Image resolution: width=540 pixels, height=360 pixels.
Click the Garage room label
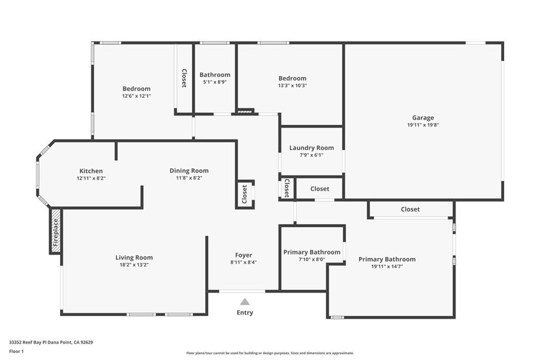pos(423,118)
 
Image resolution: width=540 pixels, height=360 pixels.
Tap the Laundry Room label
pos(311,148)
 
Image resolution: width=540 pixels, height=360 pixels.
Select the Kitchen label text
pos(91,171)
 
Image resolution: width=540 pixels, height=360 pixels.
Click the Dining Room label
pos(189,170)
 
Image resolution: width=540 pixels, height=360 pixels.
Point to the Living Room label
pos(134,258)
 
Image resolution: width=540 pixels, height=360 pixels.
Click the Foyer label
pos(244,255)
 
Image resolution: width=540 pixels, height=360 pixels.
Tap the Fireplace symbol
pos(56,231)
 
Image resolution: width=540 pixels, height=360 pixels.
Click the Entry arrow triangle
pos(245,301)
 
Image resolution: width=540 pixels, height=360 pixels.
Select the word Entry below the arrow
pos(245,313)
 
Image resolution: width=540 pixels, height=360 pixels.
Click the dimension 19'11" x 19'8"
pos(423,125)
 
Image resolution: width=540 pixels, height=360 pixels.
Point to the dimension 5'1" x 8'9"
pos(215,82)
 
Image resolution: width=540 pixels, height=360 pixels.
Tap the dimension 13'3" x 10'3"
pos(292,85)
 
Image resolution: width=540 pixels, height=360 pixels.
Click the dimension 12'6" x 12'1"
pos(137,96)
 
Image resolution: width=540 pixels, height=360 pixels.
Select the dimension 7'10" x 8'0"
pos(312,259)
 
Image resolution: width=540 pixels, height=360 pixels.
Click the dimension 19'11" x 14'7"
pos(387,267)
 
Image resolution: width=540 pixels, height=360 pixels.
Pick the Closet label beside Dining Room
pos(245,194)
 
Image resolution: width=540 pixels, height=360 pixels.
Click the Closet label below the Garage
pos(410,209)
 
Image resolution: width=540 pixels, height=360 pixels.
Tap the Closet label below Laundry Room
pos(320,189)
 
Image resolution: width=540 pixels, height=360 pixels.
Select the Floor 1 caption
pos(17,351)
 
